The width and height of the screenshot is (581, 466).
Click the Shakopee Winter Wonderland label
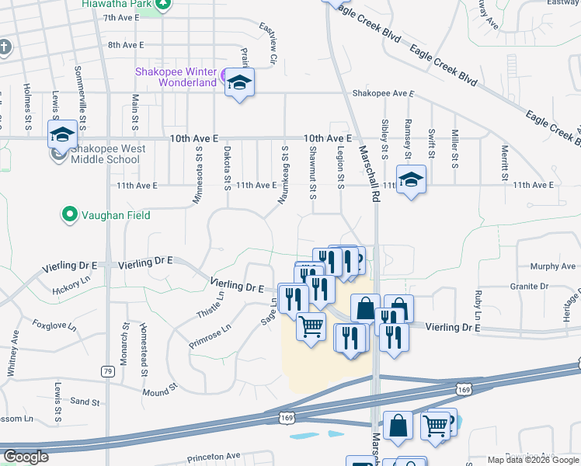(x=176, y=77)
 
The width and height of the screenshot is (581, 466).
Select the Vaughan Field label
(x=110, y=213)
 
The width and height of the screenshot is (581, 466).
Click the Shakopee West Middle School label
(x=105, y=154)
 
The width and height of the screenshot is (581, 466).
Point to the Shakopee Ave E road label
(x=381, y=93)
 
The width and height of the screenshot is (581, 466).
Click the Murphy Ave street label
(x=554, y=266)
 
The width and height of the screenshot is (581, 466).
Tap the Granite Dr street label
(x=529, y=287)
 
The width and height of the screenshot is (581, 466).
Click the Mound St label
(x=161, y=392)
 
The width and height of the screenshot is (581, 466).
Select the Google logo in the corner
(x=26, y=457)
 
